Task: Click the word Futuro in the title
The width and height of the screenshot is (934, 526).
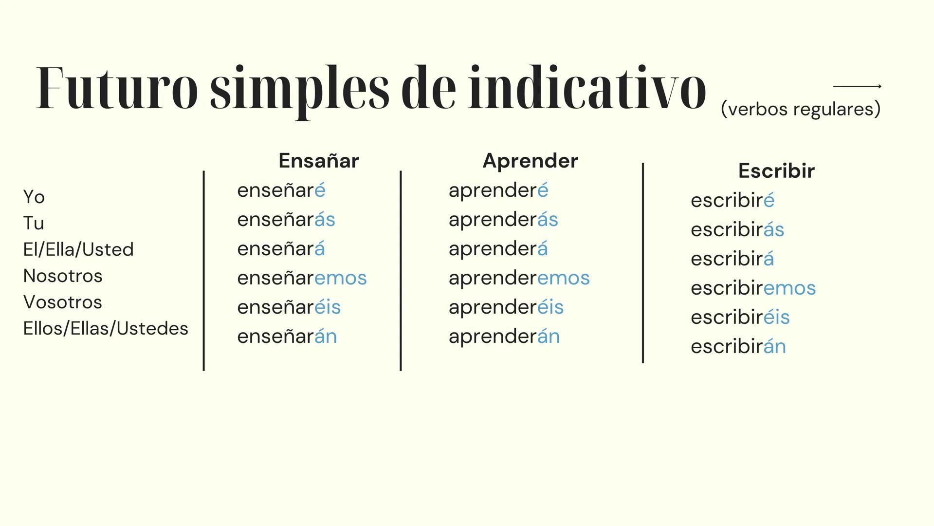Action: pyautogui.click(x=117, y=88)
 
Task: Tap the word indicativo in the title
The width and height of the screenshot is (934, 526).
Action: pyautogui.click(x=587, y=87)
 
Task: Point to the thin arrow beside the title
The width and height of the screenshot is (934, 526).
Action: pyautogui.click(x=857, y=86)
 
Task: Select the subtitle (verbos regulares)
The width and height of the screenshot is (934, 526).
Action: pyautogui.click(x=801, y=109)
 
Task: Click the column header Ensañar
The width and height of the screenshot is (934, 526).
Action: pyautogui.click(x=319, y=161)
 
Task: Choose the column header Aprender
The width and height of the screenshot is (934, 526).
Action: pyautogui.click(x=530, y=161)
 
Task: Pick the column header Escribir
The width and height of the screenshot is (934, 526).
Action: pyautogui.click(x=776, y=170)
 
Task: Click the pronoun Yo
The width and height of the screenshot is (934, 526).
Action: pyautogui.click(x=34, y=197)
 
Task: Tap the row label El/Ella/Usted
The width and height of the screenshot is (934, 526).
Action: pyautogui.click(x=78, y=249)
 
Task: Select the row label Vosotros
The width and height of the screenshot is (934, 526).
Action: pyautogui.click(x=63, y=302)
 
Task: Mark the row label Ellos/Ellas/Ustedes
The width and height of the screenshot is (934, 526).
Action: pyautogui.click(x=106, y=328)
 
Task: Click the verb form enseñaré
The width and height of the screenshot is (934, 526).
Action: pyautogui.click(x=281, y=190)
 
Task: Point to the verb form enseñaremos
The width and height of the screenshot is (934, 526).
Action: pyautogui.click(x=302, y=278)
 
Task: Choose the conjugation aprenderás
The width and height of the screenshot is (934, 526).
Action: pyautogui.click(x=503, y=220)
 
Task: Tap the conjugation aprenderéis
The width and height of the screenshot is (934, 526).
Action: pyautogui.click(x=506, y=307)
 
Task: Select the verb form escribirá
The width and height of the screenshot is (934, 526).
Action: pyautogui.click(x=732, y=259)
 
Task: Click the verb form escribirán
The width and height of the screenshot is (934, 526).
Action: pyautogui.click(x=738, y=346)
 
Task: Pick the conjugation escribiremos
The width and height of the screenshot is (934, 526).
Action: pyautogui.click(x=753, y=288)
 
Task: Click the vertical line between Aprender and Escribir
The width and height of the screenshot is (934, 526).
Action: pyautogui.click(x=643, y=263)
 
